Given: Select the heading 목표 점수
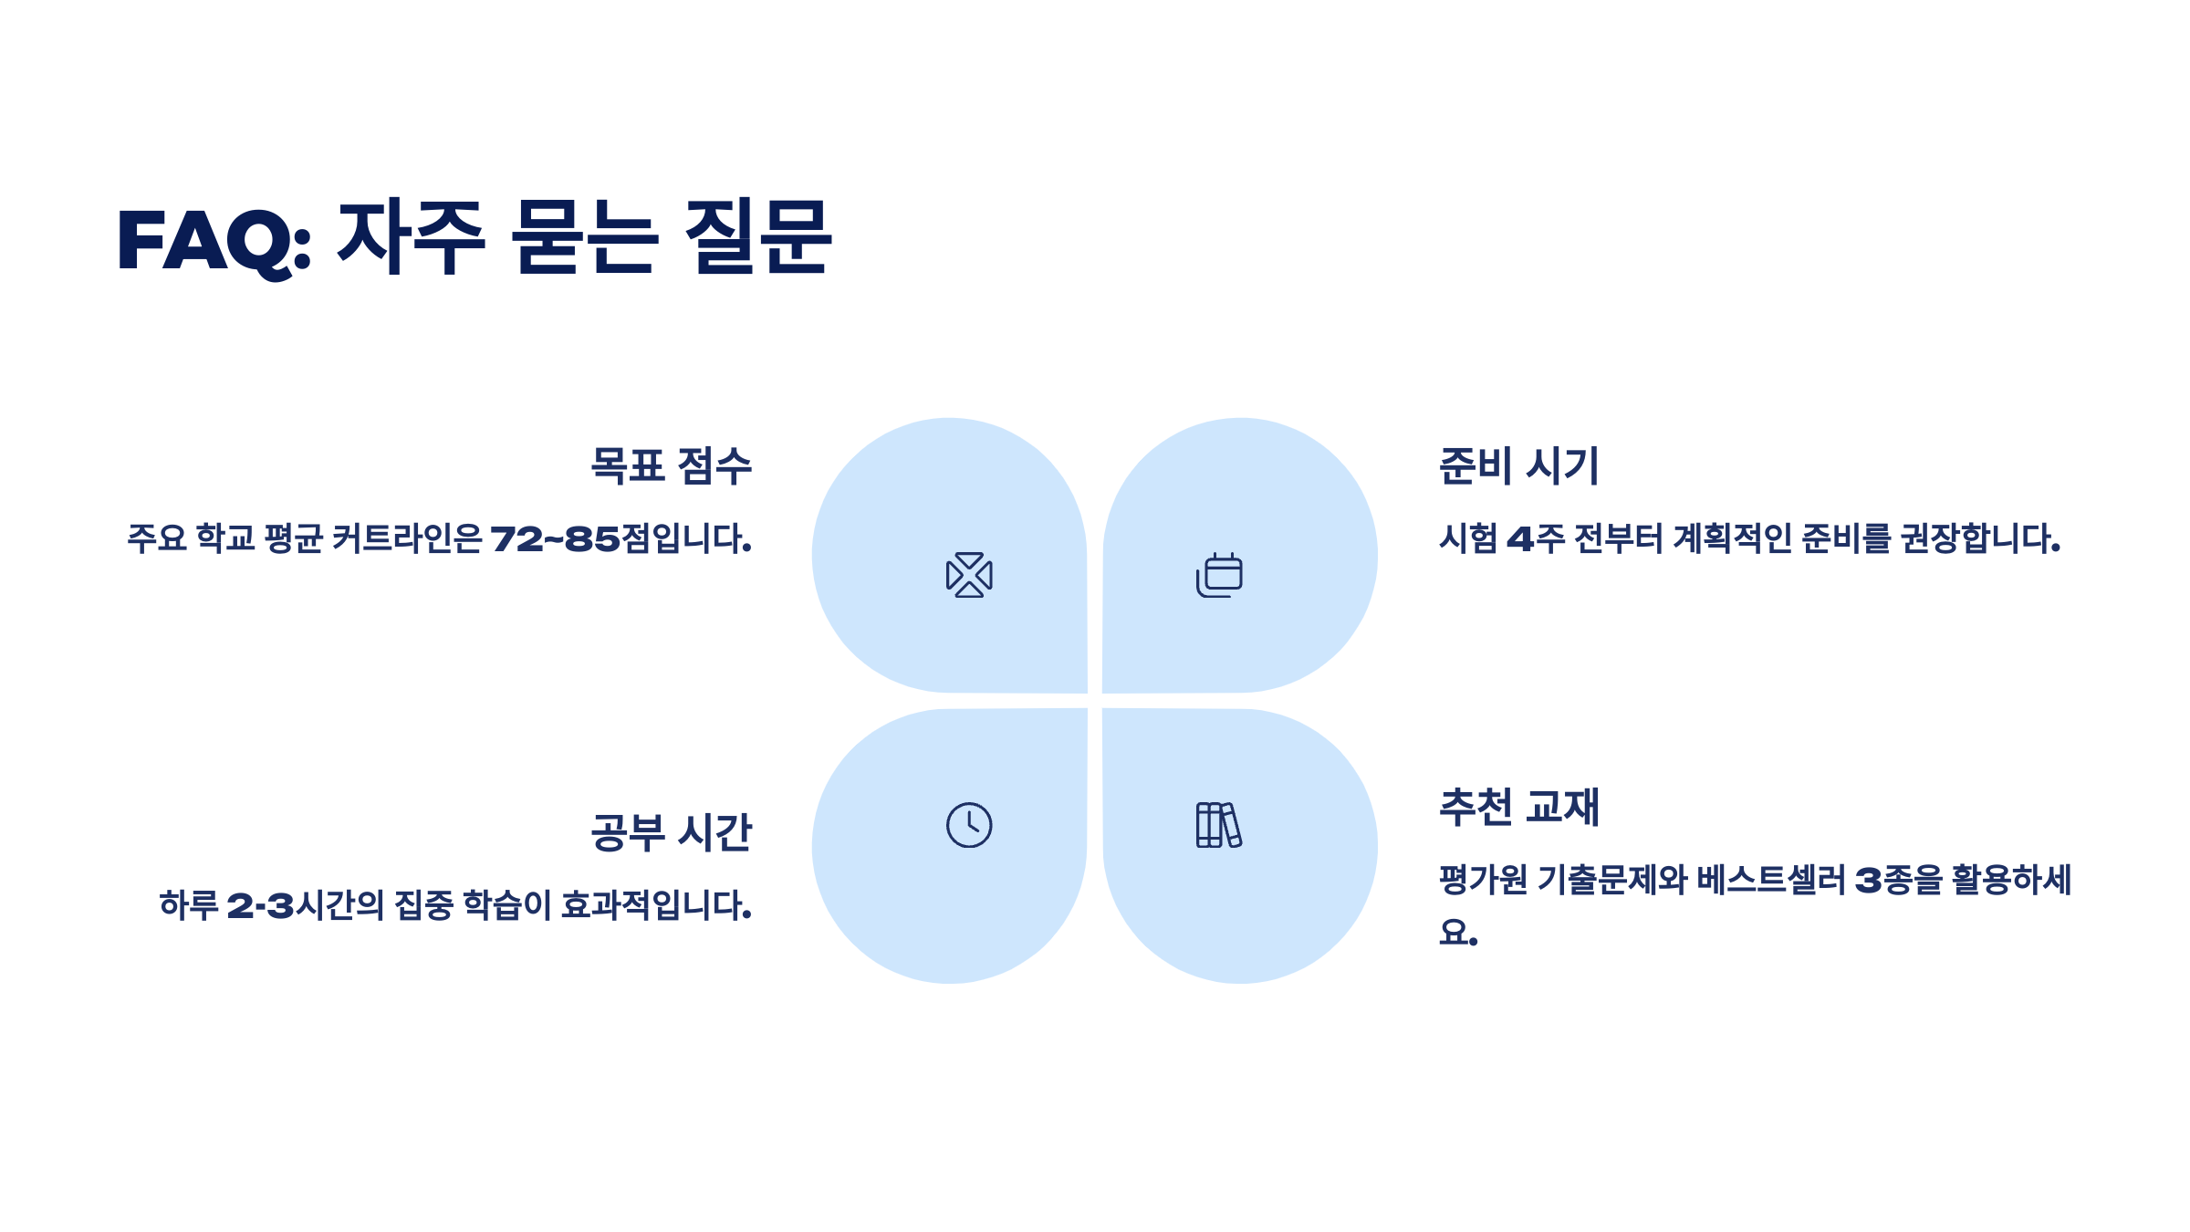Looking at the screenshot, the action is pyautogui.click(x=671, y=466).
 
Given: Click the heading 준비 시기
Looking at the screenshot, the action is pyautogui.click(x=1518, y=466).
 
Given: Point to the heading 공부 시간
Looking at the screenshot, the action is pyautogui.click(x=671, y=833).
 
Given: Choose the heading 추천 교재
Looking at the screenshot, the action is pyautogui.click(x=1518, y=808).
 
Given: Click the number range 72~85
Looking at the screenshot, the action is pyautogui.click(x=555, y=539).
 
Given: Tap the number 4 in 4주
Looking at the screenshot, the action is pyautogui.click(x=1519, y=539).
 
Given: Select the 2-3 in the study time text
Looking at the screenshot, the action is pyautogui.click(x=260, y=906).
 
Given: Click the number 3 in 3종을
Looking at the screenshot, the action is pyautogui.click(x=1868, y=881).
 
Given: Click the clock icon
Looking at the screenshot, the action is pyautogui.click(x=969, y=825).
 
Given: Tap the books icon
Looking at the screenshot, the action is pyautogui.click(x=1218, y=825).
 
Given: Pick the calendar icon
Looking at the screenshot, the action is pyautogui.click(x=1219, y=575).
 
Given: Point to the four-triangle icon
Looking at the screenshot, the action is pyautogui.click(x=969, y=575).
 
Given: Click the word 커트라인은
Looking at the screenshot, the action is pyautogui.click(x=407, y=539).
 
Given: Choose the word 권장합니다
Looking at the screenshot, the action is pyautogui.click(x=1980, y=539).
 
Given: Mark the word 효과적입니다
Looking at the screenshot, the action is pyautogui.click(x=656, y=906).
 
